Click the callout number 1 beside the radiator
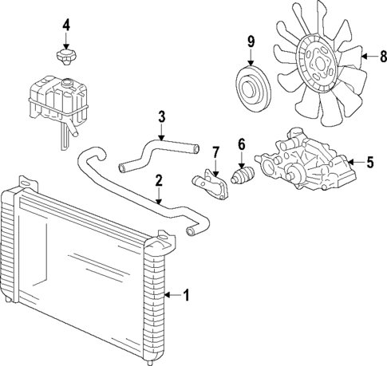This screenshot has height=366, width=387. point(186,296)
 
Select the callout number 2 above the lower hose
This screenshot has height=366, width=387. point(159,180)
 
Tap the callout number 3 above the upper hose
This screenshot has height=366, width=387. point(161,117)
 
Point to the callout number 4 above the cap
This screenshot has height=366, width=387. point(66,25)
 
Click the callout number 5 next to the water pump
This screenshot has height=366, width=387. point(369,163)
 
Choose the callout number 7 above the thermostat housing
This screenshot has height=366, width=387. point(215,152)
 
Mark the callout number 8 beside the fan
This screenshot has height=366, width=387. point(382,57)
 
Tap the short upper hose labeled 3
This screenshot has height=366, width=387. point(156,152)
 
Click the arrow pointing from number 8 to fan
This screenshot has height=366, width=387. point(368,57)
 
